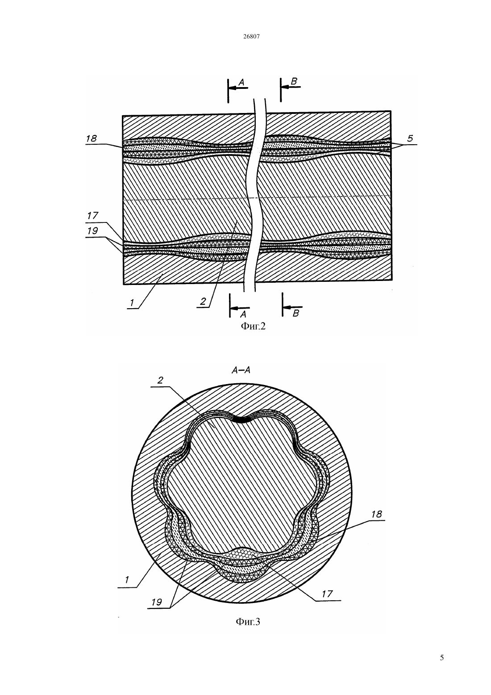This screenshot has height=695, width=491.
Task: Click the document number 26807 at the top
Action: click(x=251, y=36)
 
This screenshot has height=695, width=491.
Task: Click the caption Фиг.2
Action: click(x=253, y=326)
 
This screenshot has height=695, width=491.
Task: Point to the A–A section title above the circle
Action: click(x=241, y=370)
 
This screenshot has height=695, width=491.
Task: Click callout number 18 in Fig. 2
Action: click(x=92, y=138)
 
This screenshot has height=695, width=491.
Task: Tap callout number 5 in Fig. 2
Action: click(x=410, y=138)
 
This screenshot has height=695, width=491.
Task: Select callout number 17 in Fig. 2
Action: click(x=92, y=215)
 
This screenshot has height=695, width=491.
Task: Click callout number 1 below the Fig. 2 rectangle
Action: click(x=132, y=302)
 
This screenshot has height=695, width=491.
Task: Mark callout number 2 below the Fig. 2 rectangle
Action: click(x=203, y=301)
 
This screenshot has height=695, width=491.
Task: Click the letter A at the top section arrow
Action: click(x=241, y=82)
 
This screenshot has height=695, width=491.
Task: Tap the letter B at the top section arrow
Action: click(x=294, y=81)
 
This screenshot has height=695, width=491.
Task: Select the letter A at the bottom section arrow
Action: click(x=243, y=314)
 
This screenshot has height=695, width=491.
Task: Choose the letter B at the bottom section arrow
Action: click(x=295, y=314)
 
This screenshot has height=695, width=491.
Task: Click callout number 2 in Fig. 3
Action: click(x=160, y=381)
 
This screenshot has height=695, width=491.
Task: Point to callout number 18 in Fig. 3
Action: click(x=376, y=514)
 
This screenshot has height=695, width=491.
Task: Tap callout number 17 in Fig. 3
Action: click(x=327, y=594)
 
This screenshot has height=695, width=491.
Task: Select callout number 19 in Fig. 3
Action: click(x=157, y=602)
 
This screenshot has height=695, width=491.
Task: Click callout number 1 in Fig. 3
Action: click(x=127, y=580)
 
